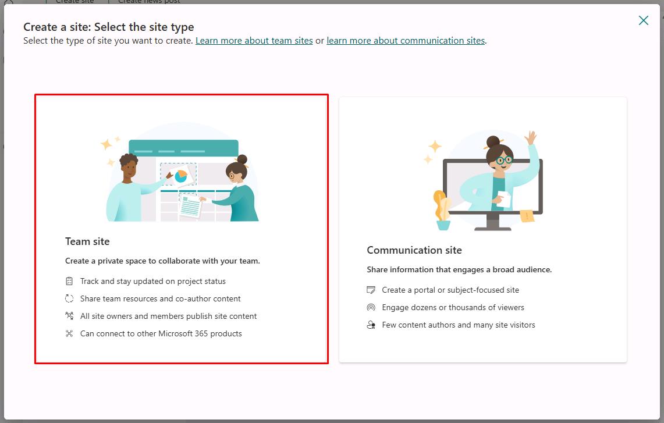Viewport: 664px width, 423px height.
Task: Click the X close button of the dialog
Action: click(x=643, y=20)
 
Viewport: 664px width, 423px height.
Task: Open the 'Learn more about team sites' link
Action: click(x=254, y=41)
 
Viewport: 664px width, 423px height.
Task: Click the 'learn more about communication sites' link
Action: click(x=406, y=41)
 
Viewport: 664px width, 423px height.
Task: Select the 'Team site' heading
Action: click(x=87, y=241)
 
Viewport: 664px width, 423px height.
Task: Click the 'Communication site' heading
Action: click(x=414, y=250)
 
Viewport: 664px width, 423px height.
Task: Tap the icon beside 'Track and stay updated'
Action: click(x=69, y=281)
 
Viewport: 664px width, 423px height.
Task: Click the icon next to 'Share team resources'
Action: click(x=69, y=298)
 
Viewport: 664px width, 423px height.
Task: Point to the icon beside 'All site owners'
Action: click(x=69, y=316)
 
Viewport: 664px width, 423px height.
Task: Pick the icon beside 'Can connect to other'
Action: click(x=69, y=333)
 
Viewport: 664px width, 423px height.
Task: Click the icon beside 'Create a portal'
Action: click(x=371, y=290)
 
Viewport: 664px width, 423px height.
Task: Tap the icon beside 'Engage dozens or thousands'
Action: click(x=371, y=307)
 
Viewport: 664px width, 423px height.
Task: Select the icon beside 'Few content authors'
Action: click(x=371, y=325)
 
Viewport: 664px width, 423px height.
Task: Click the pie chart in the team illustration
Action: click(x=181, y=176)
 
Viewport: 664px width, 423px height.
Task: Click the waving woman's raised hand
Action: click(x=530, y=138)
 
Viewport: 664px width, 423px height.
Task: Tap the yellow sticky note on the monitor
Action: click(x=527, y=216)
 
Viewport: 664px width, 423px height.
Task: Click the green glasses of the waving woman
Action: click(x=503, y=161)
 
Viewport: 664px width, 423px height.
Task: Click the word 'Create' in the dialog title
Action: click(x=40, y=27)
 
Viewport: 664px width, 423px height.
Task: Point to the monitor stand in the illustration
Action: click(x=492, y=222)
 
